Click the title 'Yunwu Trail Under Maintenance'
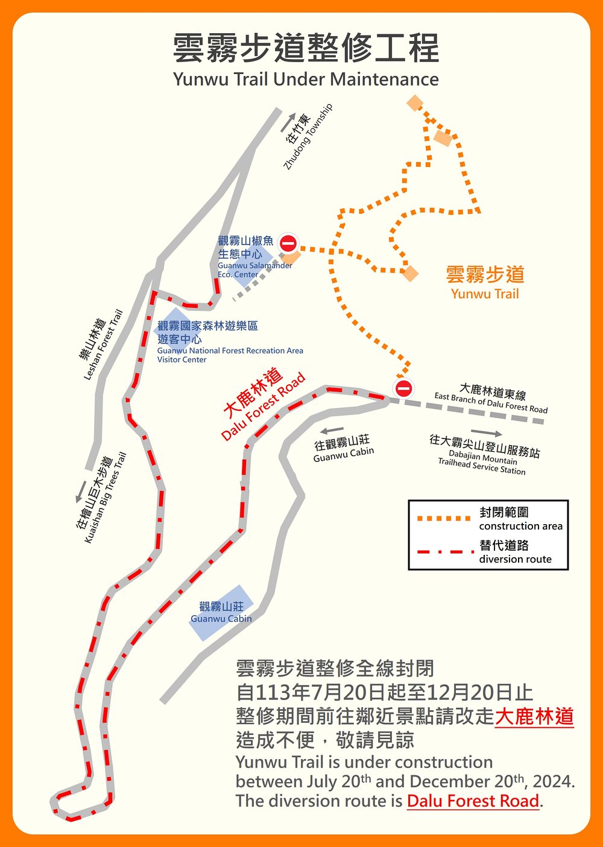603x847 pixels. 306,80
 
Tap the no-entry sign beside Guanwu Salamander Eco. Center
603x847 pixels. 288,243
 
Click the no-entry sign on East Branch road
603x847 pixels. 403,389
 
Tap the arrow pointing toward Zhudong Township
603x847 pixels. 288,122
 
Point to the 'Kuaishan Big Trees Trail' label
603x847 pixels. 102,497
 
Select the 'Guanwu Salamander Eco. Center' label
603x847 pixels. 254,257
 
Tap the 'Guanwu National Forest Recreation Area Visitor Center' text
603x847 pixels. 230,342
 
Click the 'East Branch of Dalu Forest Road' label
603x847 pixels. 491,399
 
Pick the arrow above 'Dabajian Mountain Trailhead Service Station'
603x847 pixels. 486,433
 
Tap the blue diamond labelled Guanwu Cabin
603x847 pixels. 221,612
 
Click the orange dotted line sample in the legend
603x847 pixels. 444,518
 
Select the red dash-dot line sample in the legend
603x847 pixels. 444,552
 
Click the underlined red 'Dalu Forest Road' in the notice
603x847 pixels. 473,801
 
